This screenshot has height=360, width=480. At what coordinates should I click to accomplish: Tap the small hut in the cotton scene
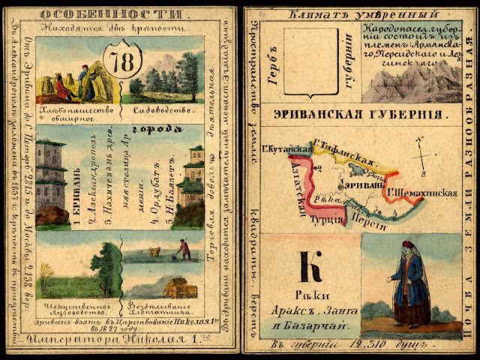coord(177,289)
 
